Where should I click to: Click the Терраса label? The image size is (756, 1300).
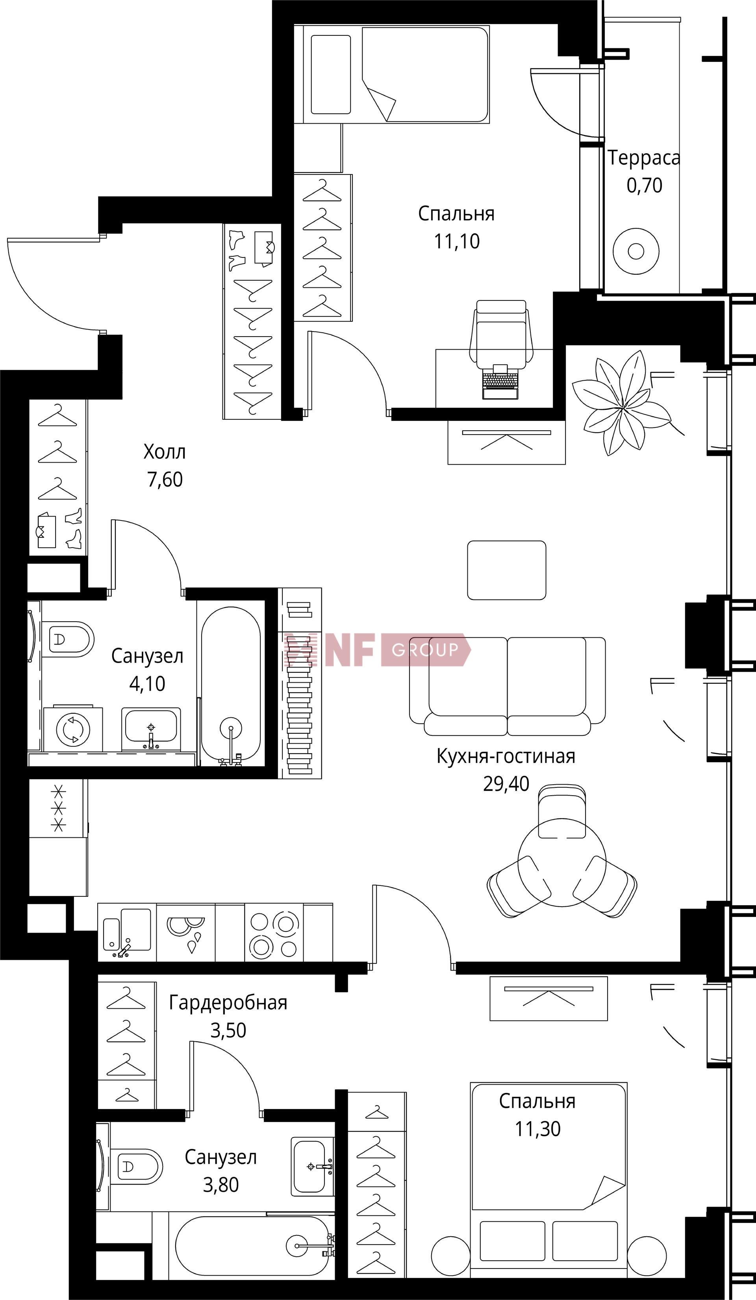tap(643, 157)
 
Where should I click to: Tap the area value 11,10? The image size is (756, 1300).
tap(457, 241)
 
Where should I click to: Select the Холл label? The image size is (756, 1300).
tap(164, 452)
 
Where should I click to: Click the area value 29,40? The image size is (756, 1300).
tap(506, 783)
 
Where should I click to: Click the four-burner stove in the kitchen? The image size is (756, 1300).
tap(274, 934)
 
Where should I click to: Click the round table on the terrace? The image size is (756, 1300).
tap(636, 252)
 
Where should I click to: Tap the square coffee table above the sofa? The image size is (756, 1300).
tap(506, 570)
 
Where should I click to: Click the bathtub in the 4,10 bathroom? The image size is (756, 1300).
tap(231, 686)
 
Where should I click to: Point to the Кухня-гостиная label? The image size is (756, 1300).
tap(506, 756)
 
